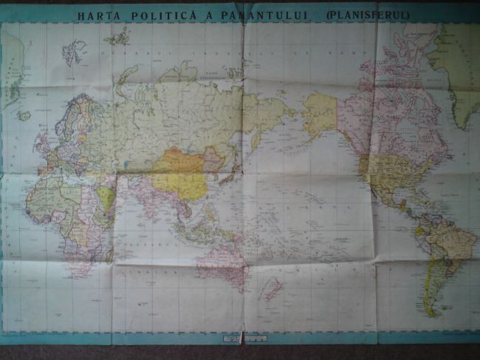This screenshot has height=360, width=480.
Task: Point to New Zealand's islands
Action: [272, 288]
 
